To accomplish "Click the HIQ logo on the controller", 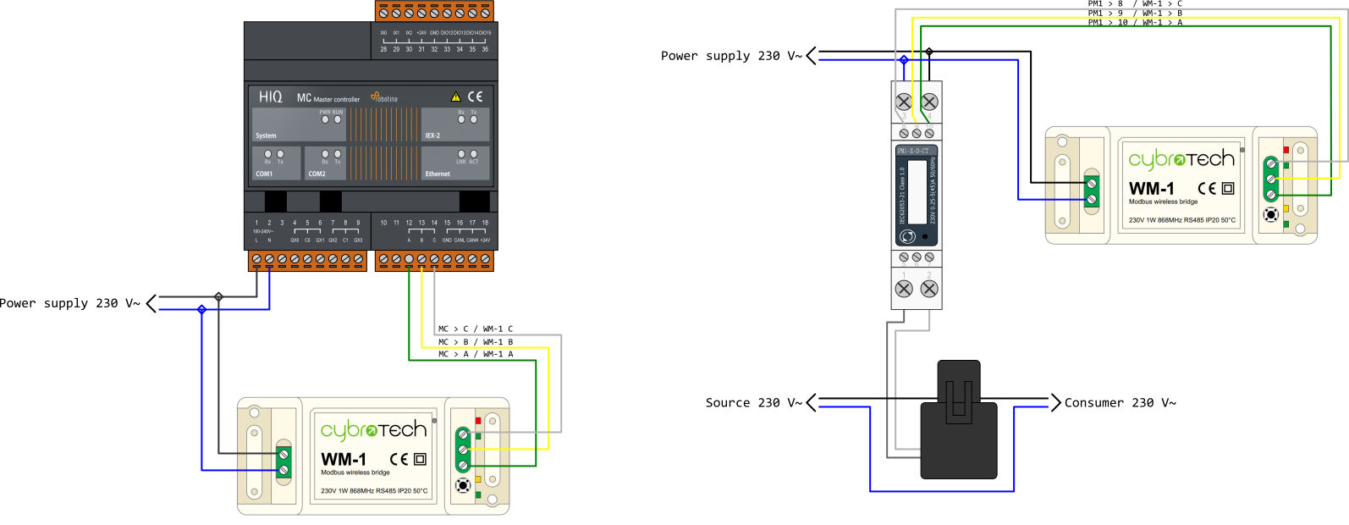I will (271, 97).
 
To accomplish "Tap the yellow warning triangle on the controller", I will (456, 97).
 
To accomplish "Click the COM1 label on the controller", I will (264, 174).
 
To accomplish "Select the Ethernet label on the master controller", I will (438, 174).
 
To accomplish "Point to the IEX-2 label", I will (432, 135).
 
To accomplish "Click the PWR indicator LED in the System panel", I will (325, 119).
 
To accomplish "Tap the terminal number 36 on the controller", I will (485, 49).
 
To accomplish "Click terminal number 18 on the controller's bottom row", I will (485, 223).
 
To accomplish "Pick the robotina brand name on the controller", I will (386, 99).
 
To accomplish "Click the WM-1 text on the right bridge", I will (1152, 188).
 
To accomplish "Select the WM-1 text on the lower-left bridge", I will (344, 459).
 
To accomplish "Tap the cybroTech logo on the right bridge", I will (1181, 158).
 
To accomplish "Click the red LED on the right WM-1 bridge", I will (1286, 150).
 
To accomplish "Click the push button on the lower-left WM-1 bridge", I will (463, 485).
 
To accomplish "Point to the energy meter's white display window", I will (917, 191).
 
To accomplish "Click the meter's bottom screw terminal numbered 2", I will (929, 289).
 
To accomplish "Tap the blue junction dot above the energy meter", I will (904, 60).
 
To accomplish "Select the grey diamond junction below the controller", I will (219, 296).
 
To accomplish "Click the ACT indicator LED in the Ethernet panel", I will (474, 154).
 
